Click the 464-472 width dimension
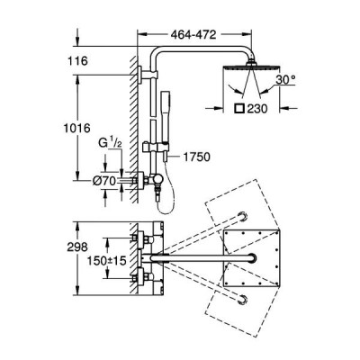pyautogui.click(x=193, y=35)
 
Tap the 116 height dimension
pyautogui.click(x=77, y=61)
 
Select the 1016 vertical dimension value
pyautogui.click(x=77, y=129)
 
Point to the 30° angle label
pyautogui.click(x=285, y=80)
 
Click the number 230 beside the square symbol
pyautogui.click(x=257, y=109)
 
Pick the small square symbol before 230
pyautogui.click(x=239, y=108)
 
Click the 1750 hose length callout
pyautogui.click(x=196, y=157)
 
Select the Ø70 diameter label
pyautogui.click(x=104, y=181)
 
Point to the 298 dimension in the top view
pyautogui.click(x=77, y=247)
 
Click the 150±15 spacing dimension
pyautogui.click(x=106, y=260)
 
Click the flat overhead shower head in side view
pyautogui.click(x=251, y=66)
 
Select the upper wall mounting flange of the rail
pyautogui.click(x=139, y=75)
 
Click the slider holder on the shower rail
pyautogui.click(x=156, y=148)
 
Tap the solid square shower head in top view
pyautogui.click(x=252, y=259)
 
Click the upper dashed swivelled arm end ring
pyautogui.click(x=243, y=216)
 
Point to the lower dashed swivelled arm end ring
pyautogui.click(x=243, y=300)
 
